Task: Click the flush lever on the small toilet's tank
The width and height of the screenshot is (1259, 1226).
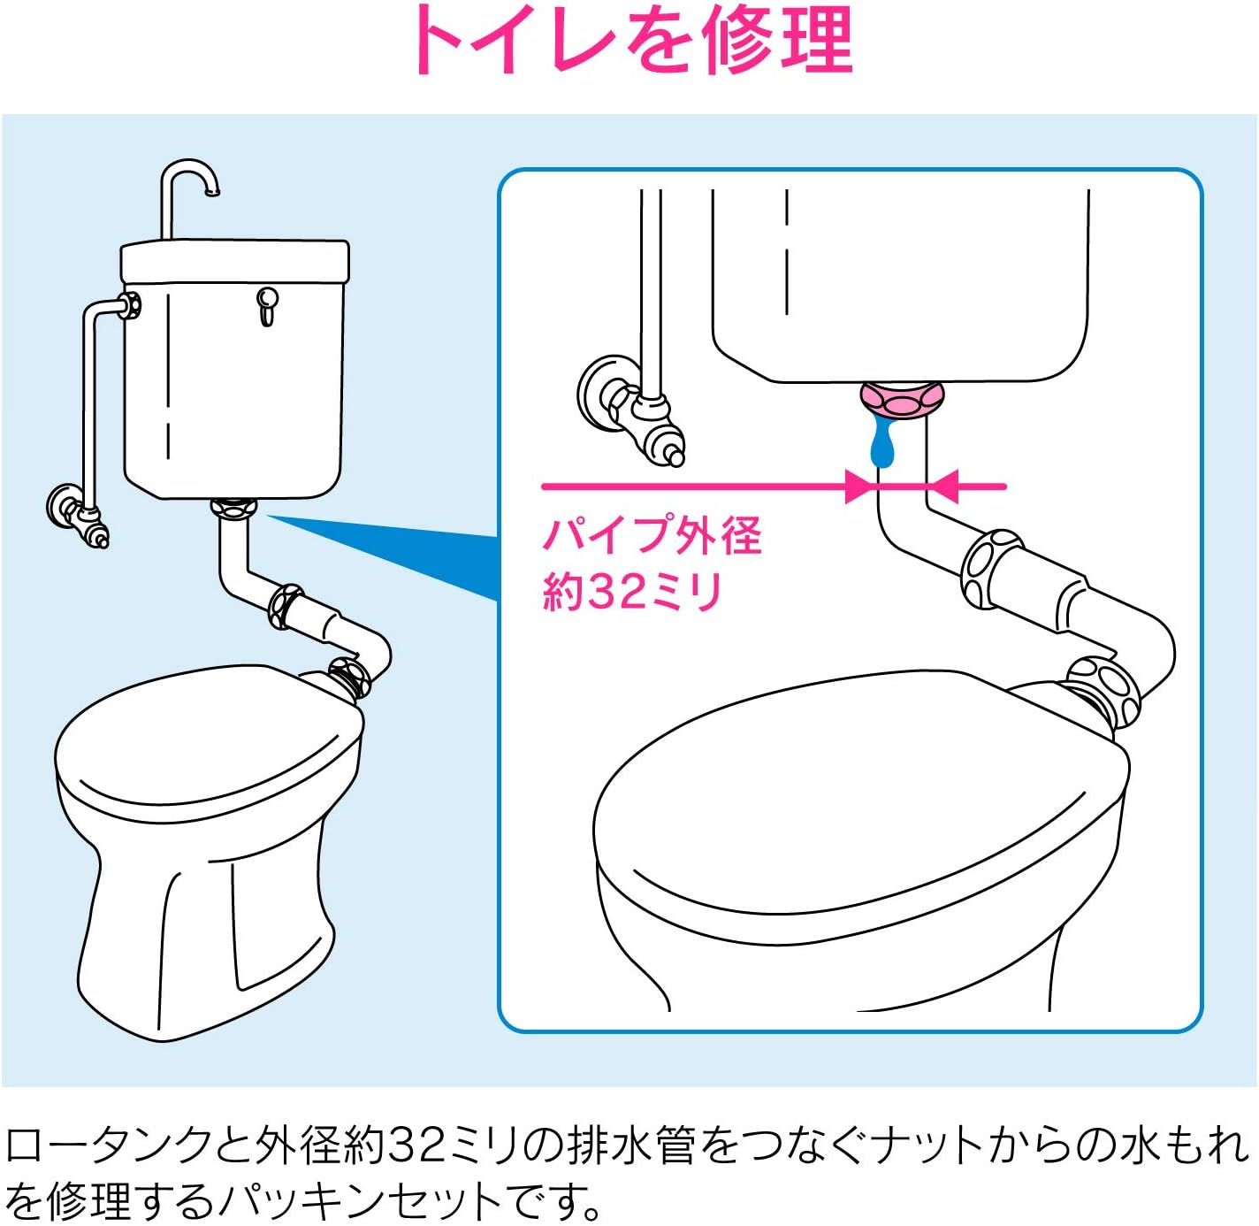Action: [267, 304]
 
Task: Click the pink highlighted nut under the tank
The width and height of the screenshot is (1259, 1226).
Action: [902, 399]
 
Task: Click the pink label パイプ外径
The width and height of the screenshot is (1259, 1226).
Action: [652, 535]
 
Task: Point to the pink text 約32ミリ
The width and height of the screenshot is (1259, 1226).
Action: [631, 591]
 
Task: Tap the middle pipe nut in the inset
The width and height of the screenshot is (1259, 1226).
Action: [991, 568]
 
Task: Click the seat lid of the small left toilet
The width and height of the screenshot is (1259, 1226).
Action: [208, 730]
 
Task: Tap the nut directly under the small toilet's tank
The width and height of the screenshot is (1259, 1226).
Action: [234, 509]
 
